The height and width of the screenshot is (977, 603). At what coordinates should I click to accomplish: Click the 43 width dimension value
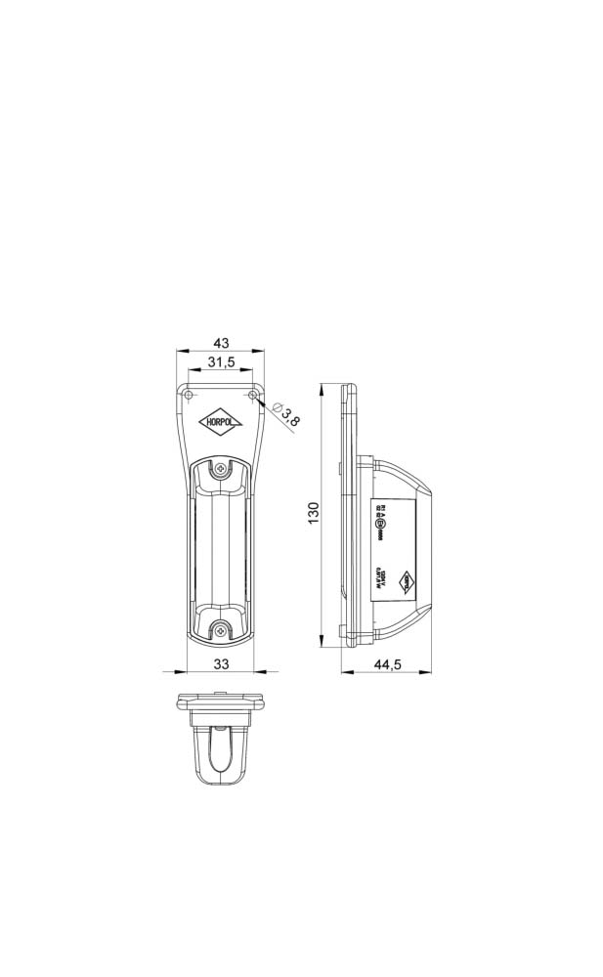pyautogui.click(x=221, y=343)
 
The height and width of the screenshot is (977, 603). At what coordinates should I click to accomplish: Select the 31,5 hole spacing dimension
pyautogui.click(x=221, y=362)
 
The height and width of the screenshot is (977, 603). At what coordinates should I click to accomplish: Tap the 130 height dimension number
pyautogui.click(x=313, y=511)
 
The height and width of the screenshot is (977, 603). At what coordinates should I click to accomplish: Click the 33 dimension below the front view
pyautogui.click(x=221, y=664)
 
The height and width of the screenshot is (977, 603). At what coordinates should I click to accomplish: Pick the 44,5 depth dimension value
pyautogui.click(x=388, y=664)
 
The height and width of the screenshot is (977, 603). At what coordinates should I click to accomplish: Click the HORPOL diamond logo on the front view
pyautogui.click(x=222, y=422)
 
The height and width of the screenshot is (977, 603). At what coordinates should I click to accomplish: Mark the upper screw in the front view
pyautogui.click(x=222, y=469)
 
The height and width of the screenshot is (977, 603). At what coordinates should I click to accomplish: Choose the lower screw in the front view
pyautogui.click(x=222, y=630)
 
